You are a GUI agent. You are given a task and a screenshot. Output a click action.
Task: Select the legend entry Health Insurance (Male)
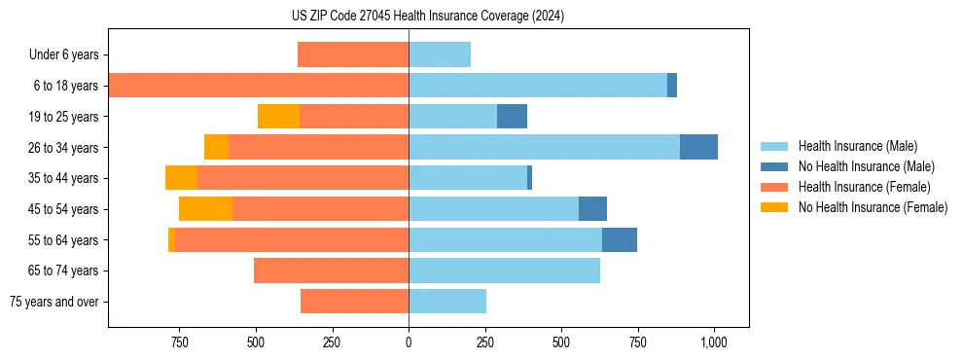point(857,146)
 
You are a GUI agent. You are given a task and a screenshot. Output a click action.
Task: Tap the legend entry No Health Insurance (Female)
point(872,207)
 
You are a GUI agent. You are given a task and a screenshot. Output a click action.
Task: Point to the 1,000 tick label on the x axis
point(714,342)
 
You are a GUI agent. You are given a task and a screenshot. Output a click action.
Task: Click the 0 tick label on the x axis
point(409,342)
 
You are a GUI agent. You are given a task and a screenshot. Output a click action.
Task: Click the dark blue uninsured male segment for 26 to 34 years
point(698,147)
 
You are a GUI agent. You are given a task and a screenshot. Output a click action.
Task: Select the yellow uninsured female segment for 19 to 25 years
point(278,116)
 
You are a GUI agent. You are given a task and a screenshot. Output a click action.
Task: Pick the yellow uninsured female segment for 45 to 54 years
point(205,208)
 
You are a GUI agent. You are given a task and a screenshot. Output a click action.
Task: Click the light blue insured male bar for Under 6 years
point(440,55)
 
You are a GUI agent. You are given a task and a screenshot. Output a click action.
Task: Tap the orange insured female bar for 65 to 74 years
point(331,270)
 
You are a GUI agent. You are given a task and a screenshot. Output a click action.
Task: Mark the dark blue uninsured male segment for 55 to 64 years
point(620,239)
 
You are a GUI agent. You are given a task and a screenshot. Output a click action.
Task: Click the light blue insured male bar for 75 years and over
point(447,302)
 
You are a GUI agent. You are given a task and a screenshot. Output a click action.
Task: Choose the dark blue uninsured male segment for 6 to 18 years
point(672,86)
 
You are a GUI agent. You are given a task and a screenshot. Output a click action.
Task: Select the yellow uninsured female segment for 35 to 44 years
point(181,178)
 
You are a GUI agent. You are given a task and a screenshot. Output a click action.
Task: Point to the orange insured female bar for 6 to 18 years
point(259,86)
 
